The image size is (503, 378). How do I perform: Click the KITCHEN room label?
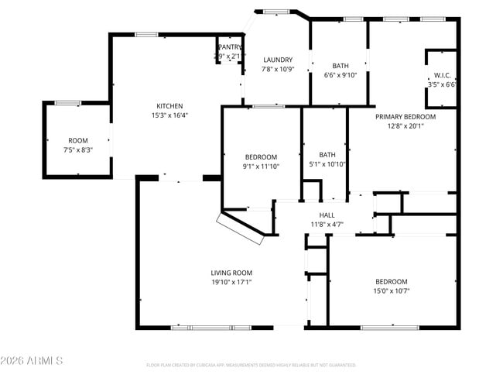click(x=169, y=106)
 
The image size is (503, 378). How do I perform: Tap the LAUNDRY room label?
click(x=277, y=60)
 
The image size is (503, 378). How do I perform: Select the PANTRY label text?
click(x=229, y=47)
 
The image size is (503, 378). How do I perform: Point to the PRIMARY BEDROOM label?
click(x=405, y=117)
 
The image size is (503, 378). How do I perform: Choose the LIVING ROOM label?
click(x=231, y=273)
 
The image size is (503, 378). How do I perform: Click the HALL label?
click(x=327, y=215)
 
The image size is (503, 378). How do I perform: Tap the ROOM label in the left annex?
click(x=77, y=141)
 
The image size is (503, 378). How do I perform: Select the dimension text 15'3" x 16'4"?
click(x=169, y=115)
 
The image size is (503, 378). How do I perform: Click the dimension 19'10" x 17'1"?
click(x=231, y=282)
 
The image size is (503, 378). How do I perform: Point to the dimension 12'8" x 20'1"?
click(x=405, y=126)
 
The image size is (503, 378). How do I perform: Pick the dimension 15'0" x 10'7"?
click(x=392, y=291)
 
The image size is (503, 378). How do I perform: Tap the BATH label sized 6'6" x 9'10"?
click(x=340, y=66)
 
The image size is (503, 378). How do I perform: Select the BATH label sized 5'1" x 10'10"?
click(x=327, y=154)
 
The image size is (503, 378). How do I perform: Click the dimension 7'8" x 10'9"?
click(x=277, y=69)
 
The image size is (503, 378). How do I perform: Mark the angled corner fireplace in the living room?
click(x=242, y=227)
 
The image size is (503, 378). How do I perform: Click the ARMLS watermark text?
click(x=32, y=361)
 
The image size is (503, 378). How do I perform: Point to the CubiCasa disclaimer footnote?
click(x=251, y=364)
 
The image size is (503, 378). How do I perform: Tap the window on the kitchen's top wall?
click(x=147, y=34)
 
